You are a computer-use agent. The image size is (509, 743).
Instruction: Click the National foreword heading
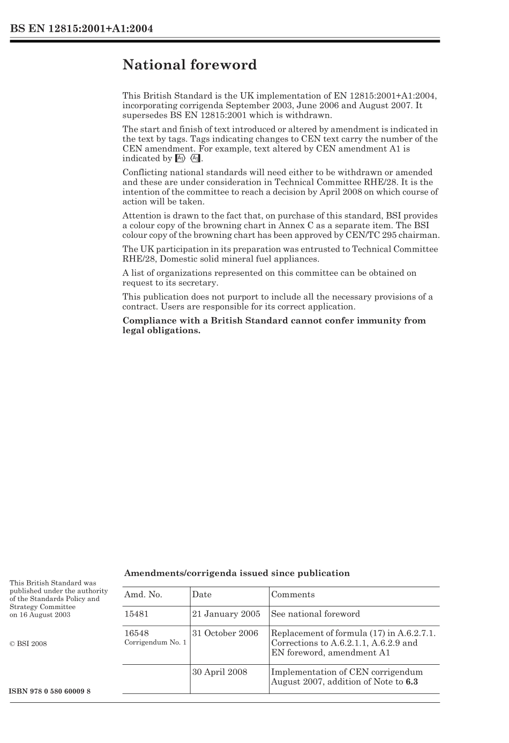pos(190,65)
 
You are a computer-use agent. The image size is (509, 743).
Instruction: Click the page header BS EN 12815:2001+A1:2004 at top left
pos(81,29)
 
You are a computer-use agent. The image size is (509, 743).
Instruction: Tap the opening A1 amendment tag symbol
pos(181,159)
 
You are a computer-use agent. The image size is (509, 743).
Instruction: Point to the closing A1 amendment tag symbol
pos(196,159)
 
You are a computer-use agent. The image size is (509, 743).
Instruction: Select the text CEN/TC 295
pos(380,236)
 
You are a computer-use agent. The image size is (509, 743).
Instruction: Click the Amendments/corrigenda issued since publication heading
pos(237,573)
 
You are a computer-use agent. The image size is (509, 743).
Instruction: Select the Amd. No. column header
pos(143,595)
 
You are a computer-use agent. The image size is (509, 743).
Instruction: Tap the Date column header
pos(202,595)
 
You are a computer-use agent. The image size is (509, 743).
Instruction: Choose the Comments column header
pos(293,595)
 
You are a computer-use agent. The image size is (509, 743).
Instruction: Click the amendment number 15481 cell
pos(137,614)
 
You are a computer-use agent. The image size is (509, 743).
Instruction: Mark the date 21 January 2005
pos(226,614)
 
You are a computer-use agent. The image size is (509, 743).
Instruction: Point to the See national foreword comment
pos(316,614)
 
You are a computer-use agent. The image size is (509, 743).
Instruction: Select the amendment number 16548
pos(137,633)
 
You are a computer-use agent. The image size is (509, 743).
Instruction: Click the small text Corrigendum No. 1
pos(155,642)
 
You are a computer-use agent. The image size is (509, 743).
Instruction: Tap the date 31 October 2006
pos(225,633)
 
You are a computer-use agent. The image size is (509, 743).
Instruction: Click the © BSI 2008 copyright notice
pos(28,644)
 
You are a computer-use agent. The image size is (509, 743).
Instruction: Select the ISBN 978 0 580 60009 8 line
pos(50,691)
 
